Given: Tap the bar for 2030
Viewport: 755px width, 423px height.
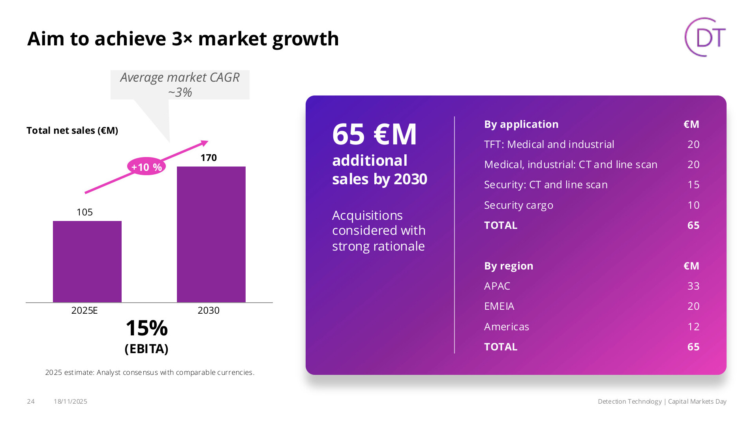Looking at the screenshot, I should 211,234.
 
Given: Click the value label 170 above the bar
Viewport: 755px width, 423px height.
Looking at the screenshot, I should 208,158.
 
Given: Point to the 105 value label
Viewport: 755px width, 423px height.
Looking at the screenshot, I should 85,212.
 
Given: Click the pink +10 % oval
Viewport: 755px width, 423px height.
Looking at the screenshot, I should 146,167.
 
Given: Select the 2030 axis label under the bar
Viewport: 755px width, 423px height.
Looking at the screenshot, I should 208,311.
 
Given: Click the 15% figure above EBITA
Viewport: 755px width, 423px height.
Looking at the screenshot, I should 146,328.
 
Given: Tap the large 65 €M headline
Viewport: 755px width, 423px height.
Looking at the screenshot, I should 374,135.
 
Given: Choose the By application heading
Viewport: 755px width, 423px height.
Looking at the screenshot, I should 521,124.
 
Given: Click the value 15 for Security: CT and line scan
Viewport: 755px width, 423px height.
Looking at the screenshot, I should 693,185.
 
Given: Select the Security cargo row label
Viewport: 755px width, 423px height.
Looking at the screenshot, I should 518,205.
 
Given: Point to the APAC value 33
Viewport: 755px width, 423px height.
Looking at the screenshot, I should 693,286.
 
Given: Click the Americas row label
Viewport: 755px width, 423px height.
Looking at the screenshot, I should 506,327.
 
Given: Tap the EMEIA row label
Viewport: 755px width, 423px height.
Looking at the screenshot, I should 499,306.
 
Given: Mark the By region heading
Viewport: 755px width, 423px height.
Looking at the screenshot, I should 509,266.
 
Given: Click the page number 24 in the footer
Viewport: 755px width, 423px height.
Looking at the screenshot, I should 31,401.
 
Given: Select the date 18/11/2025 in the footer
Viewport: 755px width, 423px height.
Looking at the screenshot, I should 70,401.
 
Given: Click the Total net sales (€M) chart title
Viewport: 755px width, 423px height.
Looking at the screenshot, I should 72,131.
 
